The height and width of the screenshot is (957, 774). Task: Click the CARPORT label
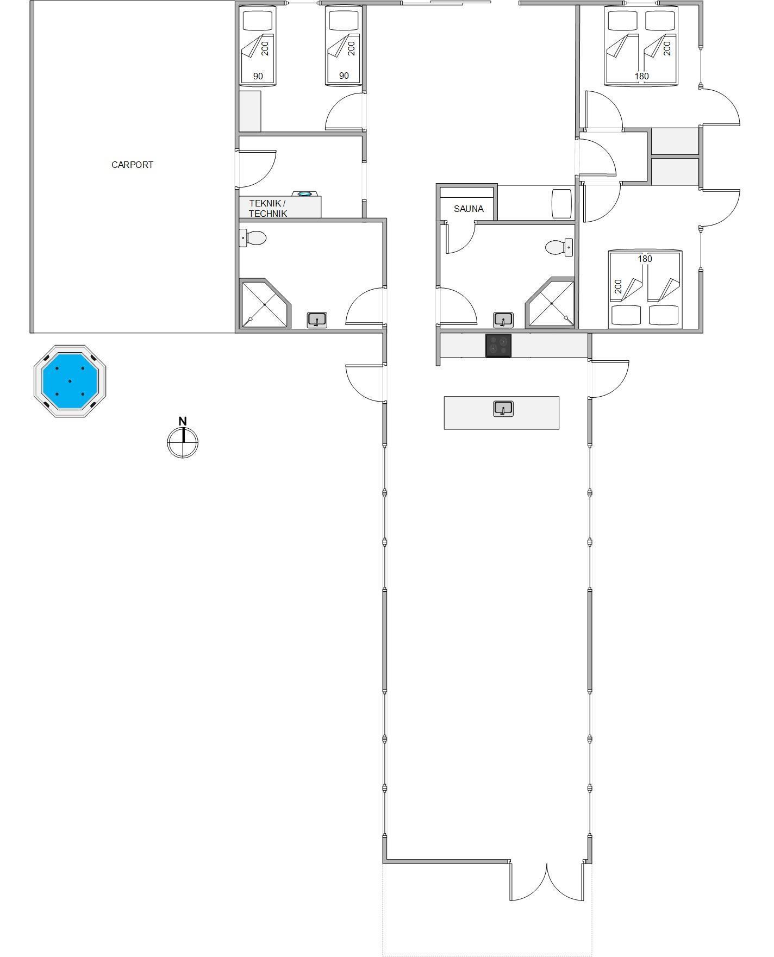[x=132, y=165]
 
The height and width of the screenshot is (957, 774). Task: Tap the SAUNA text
[x=469, y=209]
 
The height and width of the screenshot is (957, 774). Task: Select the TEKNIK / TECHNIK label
[x=267, y=208]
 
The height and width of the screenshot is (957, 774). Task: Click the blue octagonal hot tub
[x=70, y=381]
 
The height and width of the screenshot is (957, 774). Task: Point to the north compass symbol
[x=183, y=442]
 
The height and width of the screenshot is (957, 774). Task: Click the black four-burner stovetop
[x=498, y=346]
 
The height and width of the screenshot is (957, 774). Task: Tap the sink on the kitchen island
[x=503, y=409]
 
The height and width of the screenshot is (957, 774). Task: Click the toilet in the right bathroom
[x=559, y=247]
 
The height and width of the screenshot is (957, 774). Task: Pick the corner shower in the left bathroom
[x=264, y=304]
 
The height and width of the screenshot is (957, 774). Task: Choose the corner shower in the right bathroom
[x=550, y=303]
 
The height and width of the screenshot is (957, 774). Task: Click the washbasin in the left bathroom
[x=317, y=320]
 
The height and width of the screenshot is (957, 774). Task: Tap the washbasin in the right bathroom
[x=503, y=320]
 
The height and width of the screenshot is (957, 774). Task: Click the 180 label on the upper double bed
[x=642, y=76]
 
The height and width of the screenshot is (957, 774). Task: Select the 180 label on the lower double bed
[x=645, y=259]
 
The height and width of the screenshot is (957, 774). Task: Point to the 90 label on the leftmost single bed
[x=258, y=76]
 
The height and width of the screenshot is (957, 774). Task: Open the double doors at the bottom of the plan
[x=546, y=881]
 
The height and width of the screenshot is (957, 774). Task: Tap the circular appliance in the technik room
[x=305, y=193]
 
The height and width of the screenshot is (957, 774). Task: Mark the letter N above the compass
[x=183, y=421]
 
